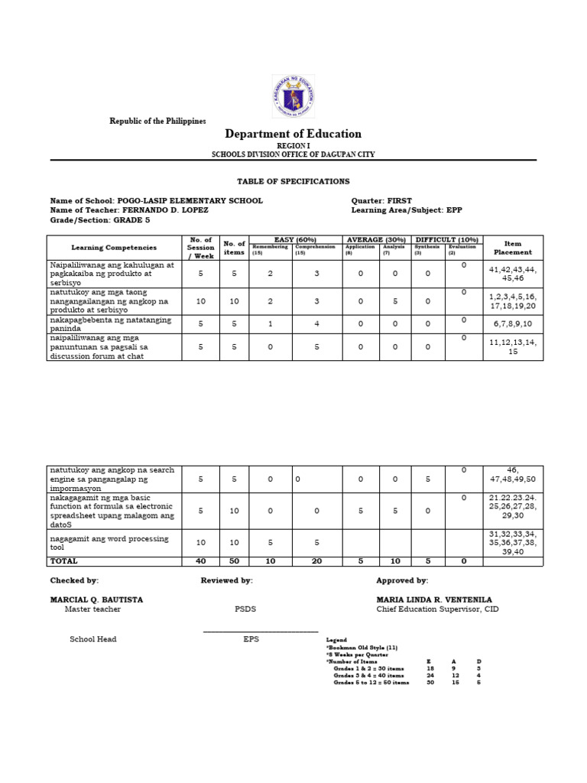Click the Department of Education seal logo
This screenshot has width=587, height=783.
point(293,97)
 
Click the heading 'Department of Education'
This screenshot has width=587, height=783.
point(293,134)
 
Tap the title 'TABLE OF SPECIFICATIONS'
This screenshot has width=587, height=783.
point(293,181)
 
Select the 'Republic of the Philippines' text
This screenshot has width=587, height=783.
point(157,122)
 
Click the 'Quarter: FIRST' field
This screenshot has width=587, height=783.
point(381,201)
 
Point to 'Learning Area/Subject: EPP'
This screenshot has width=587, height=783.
point(407,210)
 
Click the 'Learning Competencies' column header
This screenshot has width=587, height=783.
point(114,248)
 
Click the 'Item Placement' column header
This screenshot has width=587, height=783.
point(512,248)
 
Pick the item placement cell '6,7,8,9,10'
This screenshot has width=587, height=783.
point(512,323)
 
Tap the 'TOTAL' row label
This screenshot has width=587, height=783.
point(64,561)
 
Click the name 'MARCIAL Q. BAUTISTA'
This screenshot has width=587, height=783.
point(96,599)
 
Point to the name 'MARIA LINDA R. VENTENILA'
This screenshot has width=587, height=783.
point(434,599)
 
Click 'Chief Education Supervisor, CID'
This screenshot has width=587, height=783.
point(436,609)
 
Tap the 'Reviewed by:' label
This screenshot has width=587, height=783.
point(226,581)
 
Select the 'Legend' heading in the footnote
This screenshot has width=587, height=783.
point(336,639)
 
